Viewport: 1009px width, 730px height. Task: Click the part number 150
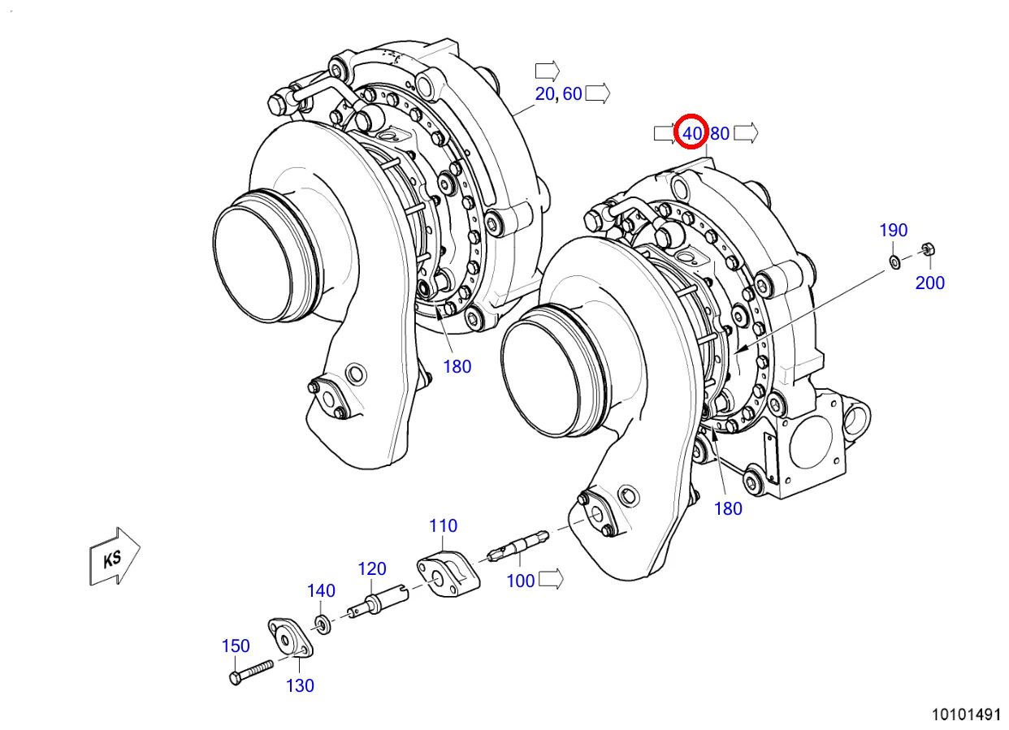point(236,646)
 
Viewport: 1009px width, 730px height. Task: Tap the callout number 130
point(300,685)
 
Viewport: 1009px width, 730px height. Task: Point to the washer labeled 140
point(322,624)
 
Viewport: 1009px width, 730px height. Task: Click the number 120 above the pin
point(372,568)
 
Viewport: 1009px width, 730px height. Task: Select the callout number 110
point(443,525)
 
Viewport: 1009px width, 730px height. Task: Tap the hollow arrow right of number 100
point(552,579)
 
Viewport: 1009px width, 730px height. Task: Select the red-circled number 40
point(692,133)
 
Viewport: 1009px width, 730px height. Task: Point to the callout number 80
point(720,133)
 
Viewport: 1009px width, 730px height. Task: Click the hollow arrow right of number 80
point(746,133)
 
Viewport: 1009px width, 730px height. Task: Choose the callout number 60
point(572,93)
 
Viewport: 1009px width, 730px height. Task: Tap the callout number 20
point(544,93)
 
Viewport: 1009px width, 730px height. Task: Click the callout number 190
point(894,231)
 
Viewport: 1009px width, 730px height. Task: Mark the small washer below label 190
point(894,261)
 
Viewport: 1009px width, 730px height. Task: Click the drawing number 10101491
point(965,715)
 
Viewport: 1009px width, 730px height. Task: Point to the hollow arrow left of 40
point(665,133)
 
